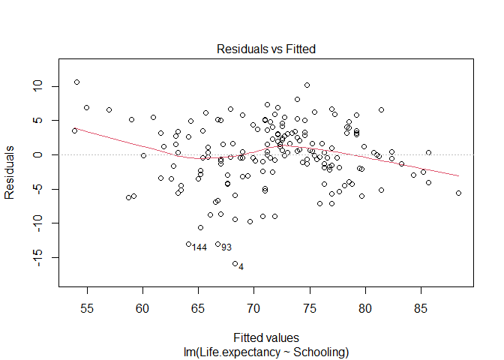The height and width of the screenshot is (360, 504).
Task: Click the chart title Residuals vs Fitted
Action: click(x=266, y=49)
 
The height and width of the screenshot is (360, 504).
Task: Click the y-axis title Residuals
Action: click(x=10, y=172)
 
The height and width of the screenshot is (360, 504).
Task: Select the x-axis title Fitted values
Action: click(x=266, y=338)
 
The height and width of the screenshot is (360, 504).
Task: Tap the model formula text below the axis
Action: click(x=266, y=350)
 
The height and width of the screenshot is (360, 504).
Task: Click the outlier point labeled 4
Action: click(x=235, y=263)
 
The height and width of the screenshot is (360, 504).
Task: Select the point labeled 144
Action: click(x=188, y=244)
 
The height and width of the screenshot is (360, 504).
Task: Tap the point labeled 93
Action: click(x=217, y=244)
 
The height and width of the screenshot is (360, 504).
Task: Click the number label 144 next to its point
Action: click(x=199, y=247)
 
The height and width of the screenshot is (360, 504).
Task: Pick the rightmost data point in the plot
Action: click(x=458, y=193)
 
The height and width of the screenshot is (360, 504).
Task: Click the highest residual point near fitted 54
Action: click(x=76, y=82)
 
